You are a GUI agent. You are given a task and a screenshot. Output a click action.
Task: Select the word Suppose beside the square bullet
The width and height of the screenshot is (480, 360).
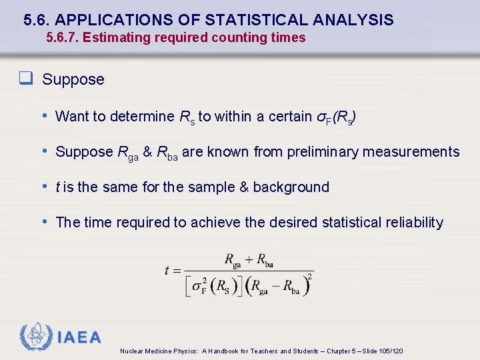click(73, 79)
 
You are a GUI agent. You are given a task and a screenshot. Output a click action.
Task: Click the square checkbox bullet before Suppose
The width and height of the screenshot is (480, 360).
click(27, 79)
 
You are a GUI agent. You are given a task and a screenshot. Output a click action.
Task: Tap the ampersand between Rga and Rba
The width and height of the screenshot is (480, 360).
click(147, 152)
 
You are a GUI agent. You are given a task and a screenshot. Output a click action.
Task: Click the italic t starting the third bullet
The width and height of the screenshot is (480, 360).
click(58, 187)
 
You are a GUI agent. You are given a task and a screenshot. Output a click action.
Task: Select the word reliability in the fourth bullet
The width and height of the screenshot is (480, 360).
click(414, 223)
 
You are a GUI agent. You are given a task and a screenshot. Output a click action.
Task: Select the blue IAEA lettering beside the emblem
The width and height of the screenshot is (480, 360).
click(79, 337)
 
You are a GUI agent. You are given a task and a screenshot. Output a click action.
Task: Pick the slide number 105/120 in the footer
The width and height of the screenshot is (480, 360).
click(391, 351)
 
